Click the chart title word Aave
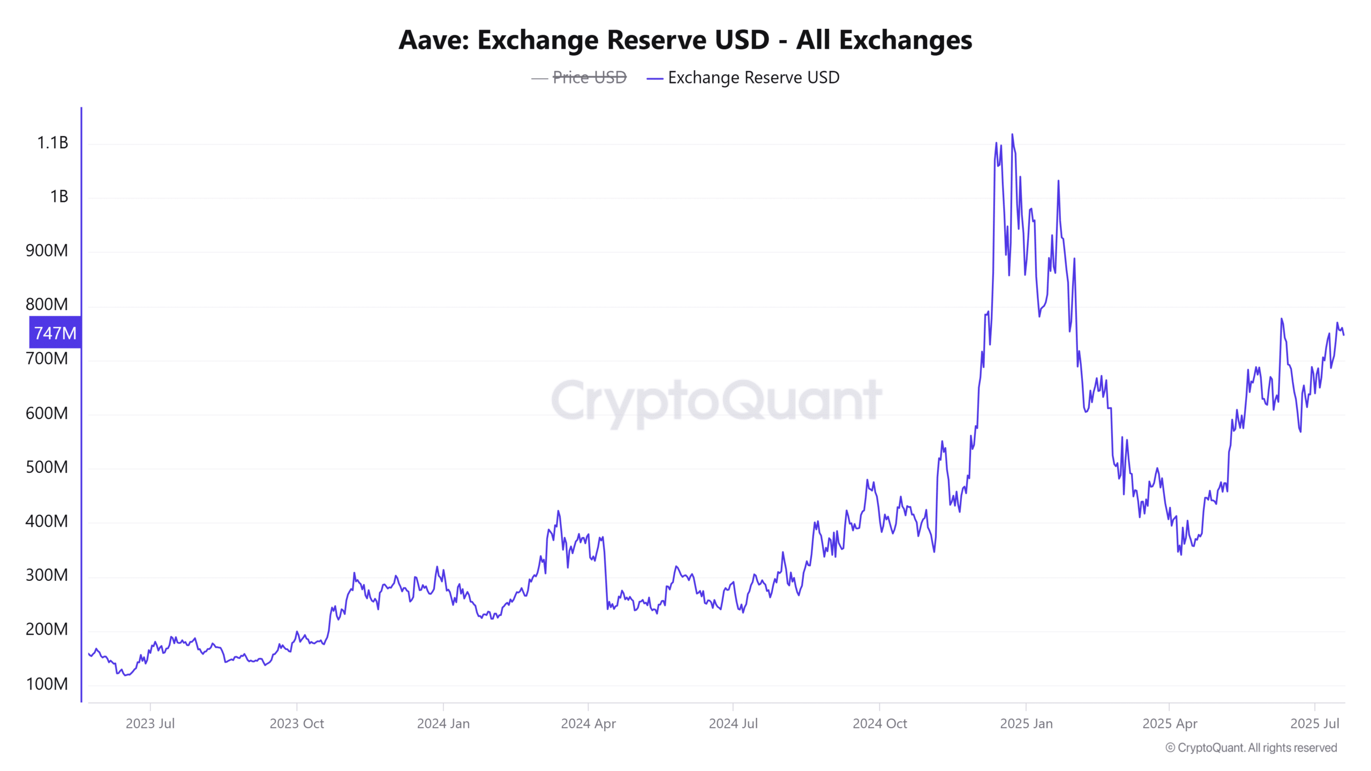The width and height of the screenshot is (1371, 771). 433,40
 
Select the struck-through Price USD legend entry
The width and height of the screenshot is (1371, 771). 589,78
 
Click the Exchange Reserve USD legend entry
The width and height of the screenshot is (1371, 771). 753,78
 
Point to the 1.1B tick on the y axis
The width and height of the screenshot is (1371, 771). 52,142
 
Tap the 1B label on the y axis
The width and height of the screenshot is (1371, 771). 59,196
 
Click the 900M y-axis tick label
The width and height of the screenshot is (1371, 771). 47,251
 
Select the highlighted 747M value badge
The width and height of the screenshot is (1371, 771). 55,333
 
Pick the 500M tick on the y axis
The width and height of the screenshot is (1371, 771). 47,467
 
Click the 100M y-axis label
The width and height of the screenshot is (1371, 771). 47,684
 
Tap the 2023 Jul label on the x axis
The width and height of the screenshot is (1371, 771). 150,723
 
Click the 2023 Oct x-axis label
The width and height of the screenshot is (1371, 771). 297,723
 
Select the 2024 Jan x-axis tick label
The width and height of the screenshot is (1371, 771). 443,723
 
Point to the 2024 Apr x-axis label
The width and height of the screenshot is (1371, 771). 588,723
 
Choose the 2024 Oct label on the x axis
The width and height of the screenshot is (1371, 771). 879,723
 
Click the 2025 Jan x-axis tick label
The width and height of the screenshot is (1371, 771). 1026,723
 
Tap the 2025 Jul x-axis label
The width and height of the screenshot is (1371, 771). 1314,723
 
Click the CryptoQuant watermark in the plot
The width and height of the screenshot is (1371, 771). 717,400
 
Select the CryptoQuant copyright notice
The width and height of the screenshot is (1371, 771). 1251,747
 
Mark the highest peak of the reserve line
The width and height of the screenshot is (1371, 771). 1012,135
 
